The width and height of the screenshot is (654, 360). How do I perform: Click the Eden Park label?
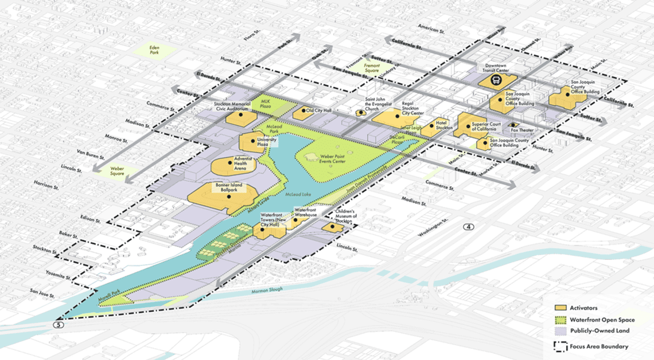click(153, 50)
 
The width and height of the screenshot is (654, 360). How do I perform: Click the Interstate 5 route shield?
click(58, 324)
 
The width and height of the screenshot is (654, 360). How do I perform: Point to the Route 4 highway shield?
click(470, 227)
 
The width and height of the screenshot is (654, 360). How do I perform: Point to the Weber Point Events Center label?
click(333, 159)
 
